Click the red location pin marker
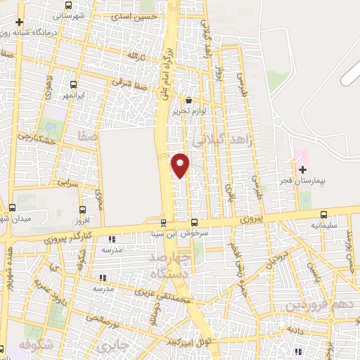click(181, 165)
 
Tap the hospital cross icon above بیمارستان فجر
click(303, 169)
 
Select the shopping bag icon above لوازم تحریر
click(188, 101)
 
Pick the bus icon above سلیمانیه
click(323, 214)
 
